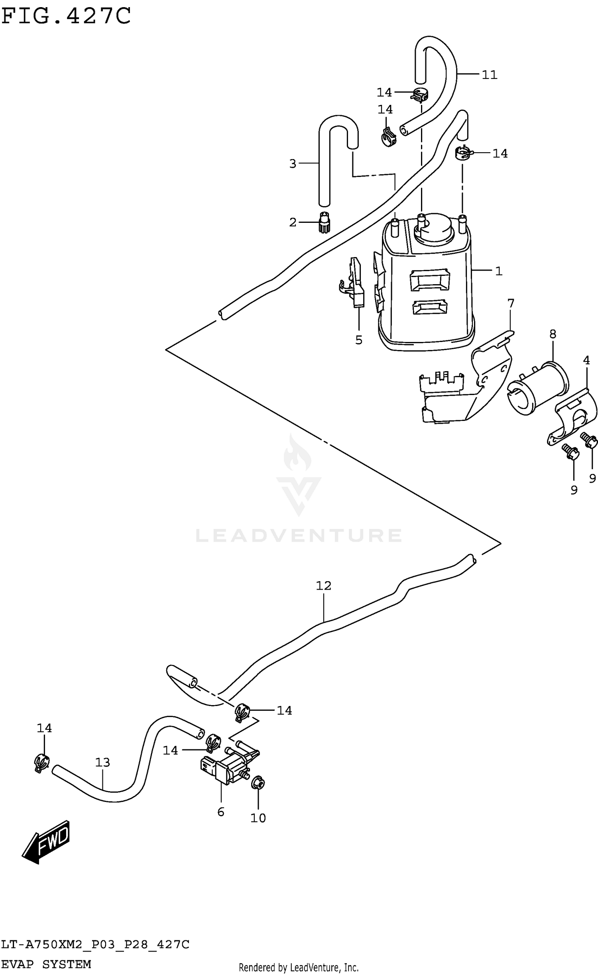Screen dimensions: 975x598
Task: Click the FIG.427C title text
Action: (x=66, y=16)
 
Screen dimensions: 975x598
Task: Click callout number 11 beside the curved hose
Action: (x=490, y=75)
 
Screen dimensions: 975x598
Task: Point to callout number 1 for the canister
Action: (x=498, y=271)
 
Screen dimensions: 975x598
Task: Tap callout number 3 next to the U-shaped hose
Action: (x=293, y=163)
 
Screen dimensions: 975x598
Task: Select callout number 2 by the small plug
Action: (x=293, y=222)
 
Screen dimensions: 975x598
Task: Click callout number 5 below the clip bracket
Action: (x=359, y=340)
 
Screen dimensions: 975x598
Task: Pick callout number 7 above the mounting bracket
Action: (x=511, y=303)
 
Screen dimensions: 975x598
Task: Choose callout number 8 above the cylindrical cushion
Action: (x=553, y=334)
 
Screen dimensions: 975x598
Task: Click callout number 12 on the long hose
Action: (x=323, y=586)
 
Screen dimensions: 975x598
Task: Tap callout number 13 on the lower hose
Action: (x=102, y=762)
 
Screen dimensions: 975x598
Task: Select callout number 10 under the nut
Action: (x=258, y=818)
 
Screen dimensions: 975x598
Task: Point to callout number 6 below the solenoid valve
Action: (x=221, y=812)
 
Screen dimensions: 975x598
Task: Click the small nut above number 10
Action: (x=258, y=784)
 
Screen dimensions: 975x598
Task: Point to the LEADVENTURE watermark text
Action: (x=299, y=535)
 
